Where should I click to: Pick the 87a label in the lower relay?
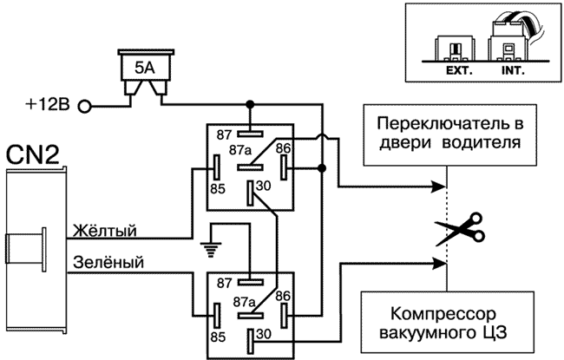[246, 302]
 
